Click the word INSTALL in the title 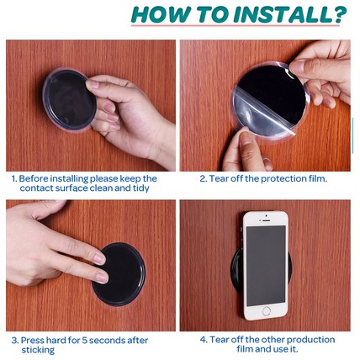click(283, 14)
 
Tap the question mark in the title click(340, 14)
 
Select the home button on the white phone click(267, 310)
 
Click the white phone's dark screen click(266, 266)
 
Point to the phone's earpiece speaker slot click(266, 220)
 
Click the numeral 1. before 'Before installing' click(14, 178)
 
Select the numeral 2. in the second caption click(204, 178)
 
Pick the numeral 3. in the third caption click(15, 341)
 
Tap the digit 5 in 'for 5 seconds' click(84, 341)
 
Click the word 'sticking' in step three click(38, 350)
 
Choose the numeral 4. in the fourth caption click(204, 340)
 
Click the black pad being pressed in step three click(119, 274)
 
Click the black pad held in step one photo click(70, 100)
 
